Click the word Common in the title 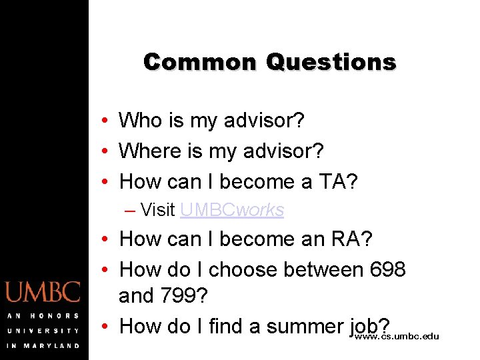[200, 62]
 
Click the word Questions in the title [331, 62]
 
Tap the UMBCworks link [232, 210]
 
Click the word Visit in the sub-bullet [158, 210]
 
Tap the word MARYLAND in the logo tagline [57, 345]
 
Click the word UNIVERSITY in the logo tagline [43, 331]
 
